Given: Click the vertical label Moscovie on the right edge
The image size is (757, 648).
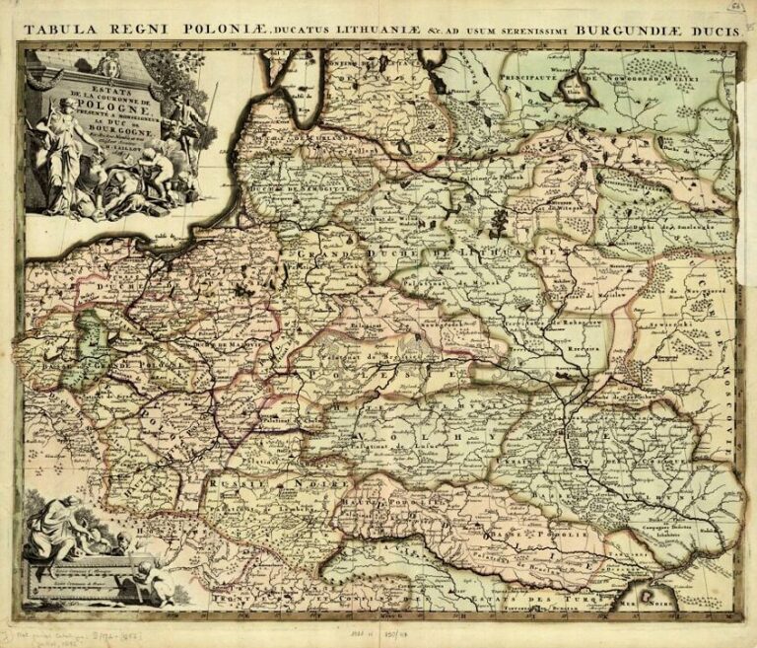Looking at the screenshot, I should pos(727,395).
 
